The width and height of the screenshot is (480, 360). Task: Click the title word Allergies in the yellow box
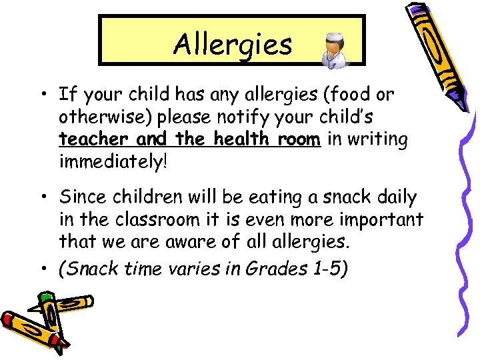232,44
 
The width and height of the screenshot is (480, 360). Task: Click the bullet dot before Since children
43,198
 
